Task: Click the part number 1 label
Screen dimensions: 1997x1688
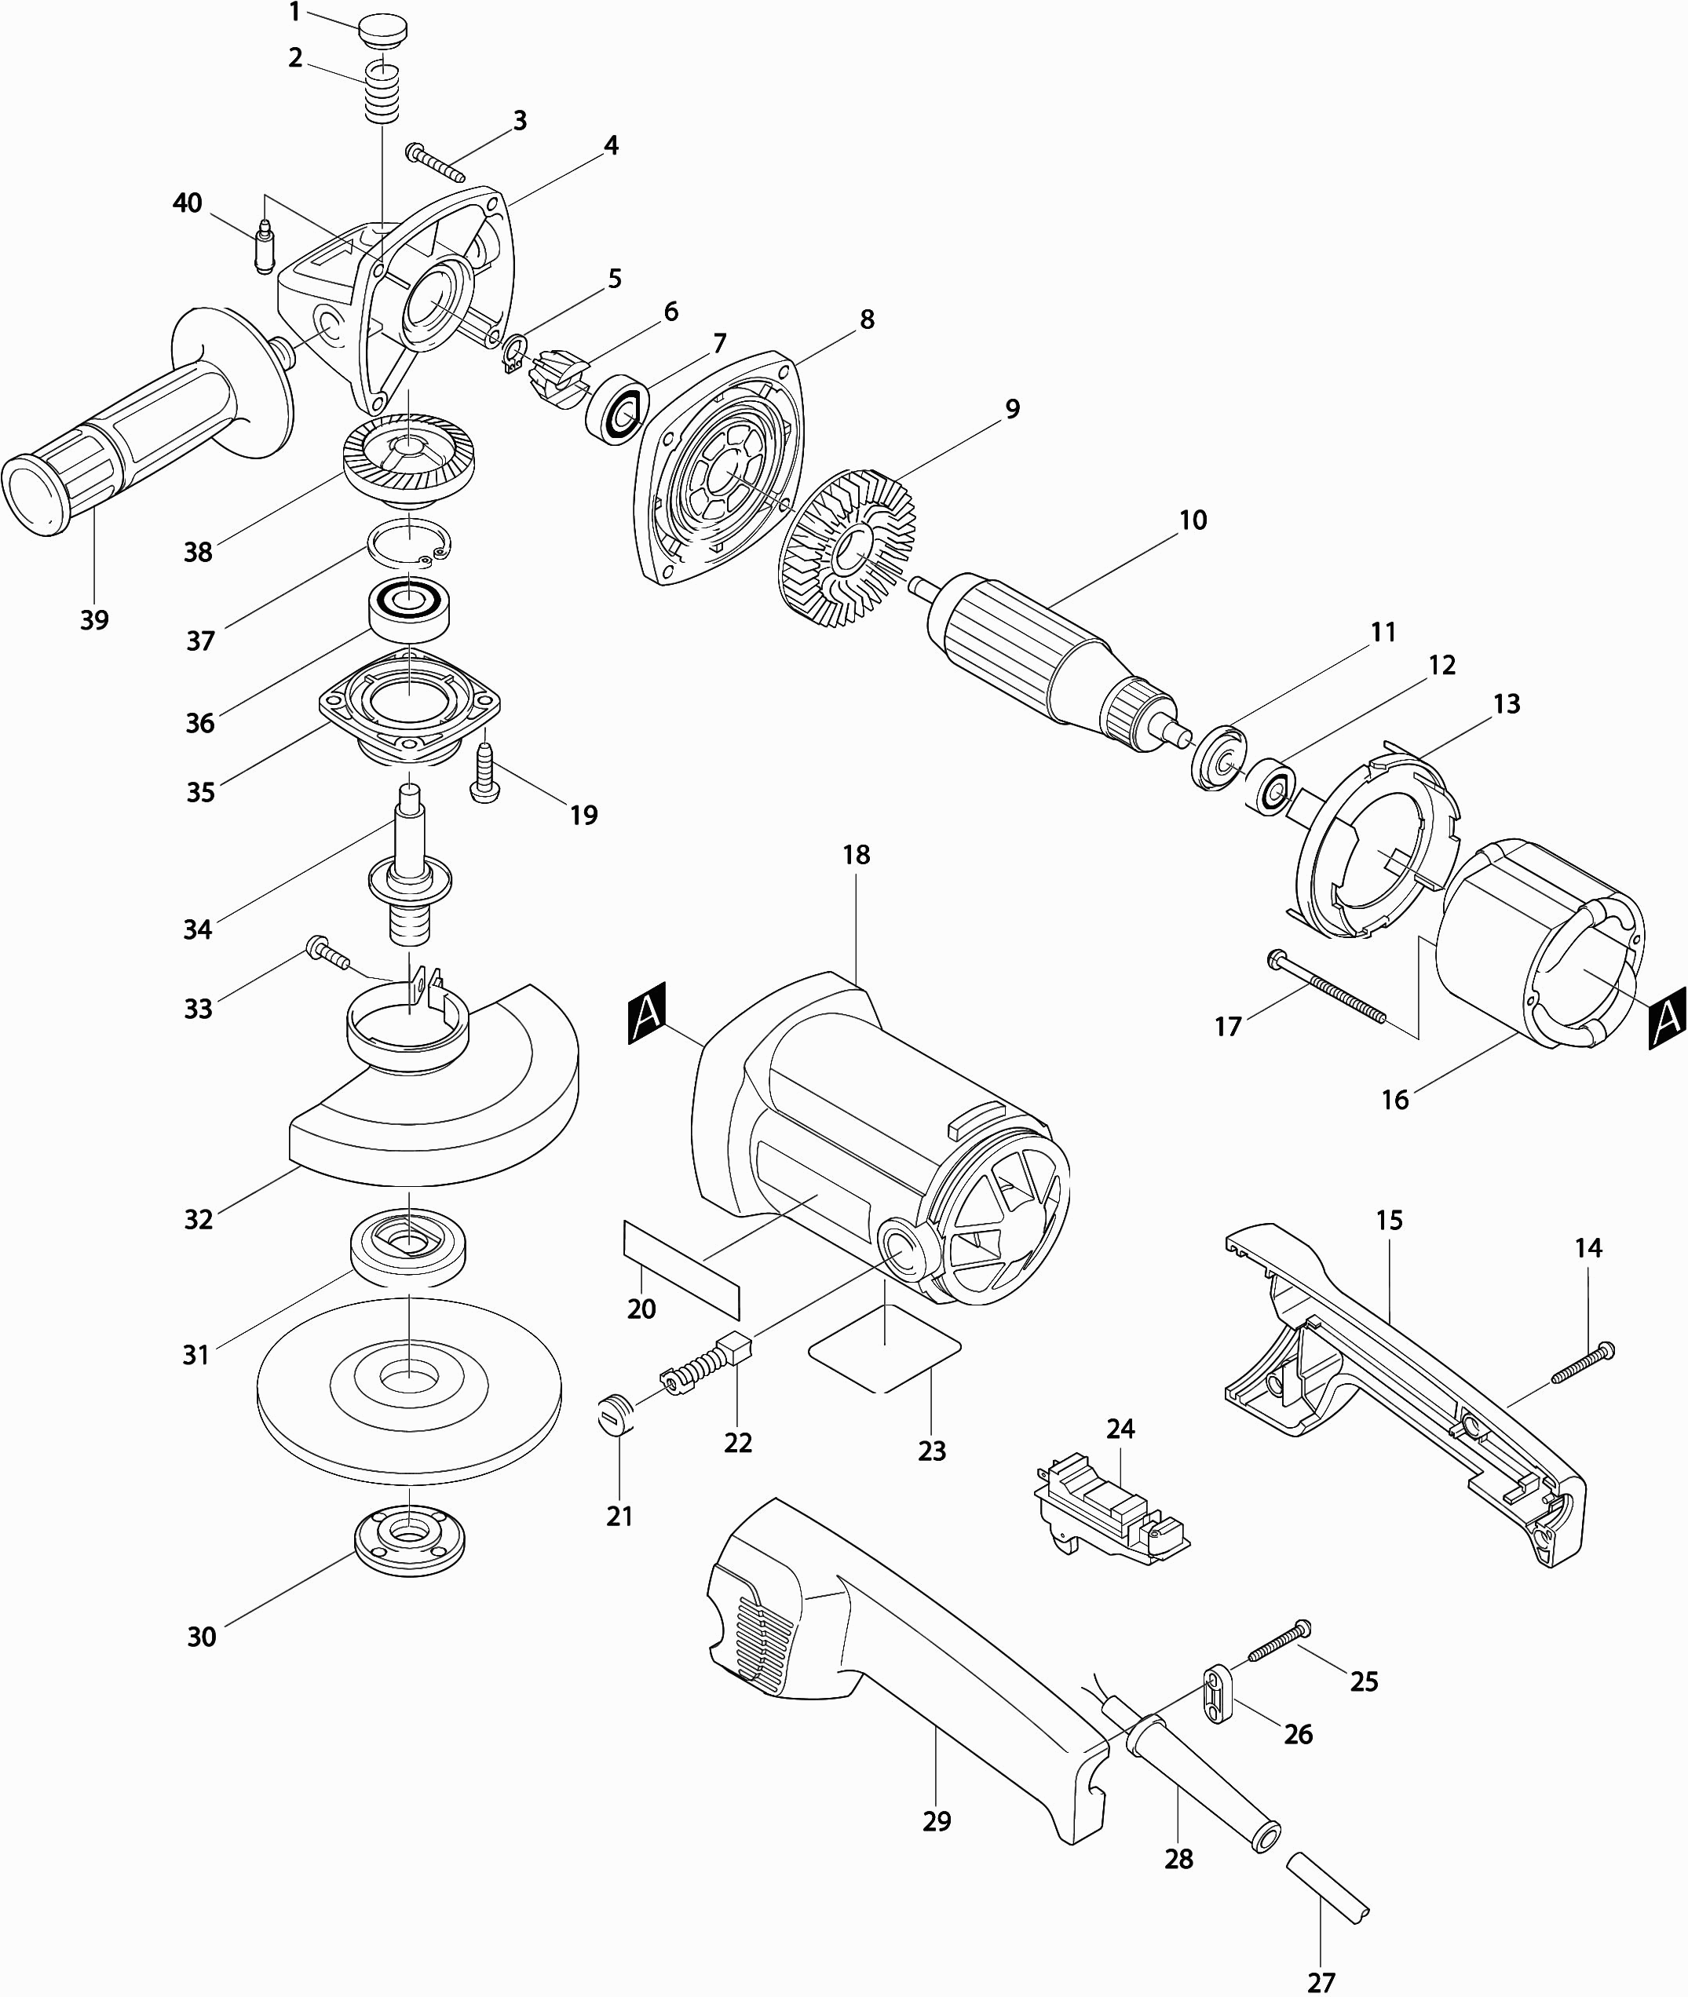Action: (x=294, y=13)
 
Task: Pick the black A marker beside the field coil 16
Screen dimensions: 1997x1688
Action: (x=1666, y=1021)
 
